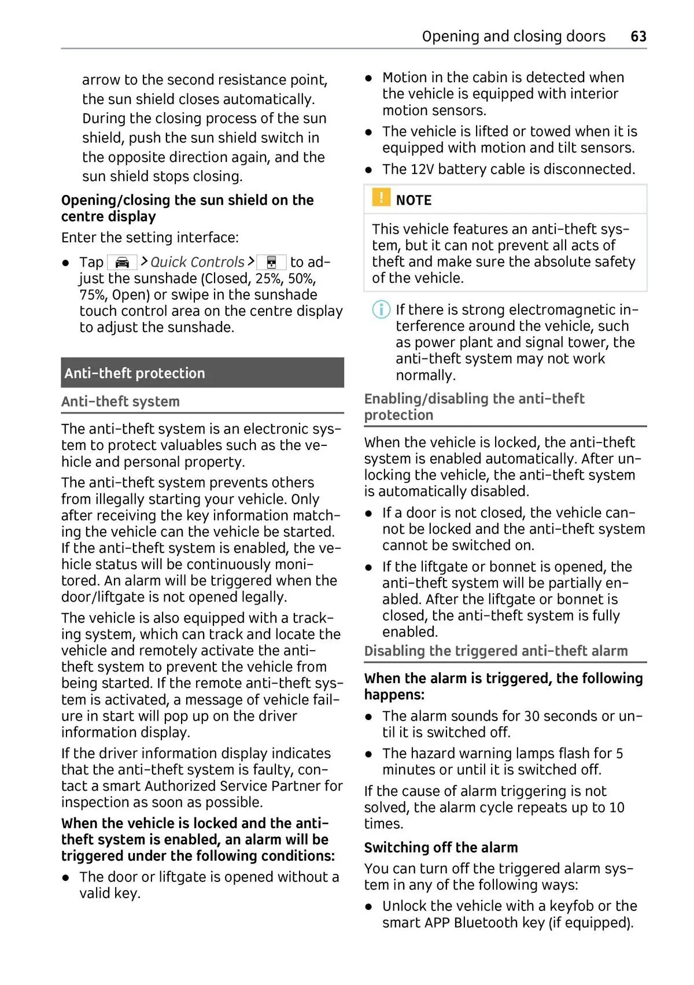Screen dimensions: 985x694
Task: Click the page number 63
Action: pyautogui.click(x=638, y=36)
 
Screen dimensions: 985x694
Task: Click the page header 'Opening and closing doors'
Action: pyautogui.click(x=513, y=36)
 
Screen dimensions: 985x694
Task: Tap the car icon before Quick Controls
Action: pyautogui.click(x=122, y=263)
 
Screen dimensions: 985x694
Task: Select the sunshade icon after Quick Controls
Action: pyautogui.click(x=271, y=263)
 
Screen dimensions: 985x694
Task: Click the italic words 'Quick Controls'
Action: pyautogui.click(x=197, y=263)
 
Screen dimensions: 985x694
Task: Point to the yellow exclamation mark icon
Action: pyautogui.click(x=381, y=198)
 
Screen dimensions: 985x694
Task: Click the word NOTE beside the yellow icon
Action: pyautogui.click(x=414, y=200)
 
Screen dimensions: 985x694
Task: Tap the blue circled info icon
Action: pyautogui.click(x=381, y=309)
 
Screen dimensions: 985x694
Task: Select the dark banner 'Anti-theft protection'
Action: pyautogui.click(x=202, y=373)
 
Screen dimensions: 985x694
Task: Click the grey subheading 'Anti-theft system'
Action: pyautogui.click(x=120, y=401)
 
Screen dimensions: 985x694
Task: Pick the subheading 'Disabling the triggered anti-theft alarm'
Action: pyautogui.click(x=496, y=651)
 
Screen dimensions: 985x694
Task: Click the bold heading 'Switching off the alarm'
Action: pyautogui.click(x=441, y=847)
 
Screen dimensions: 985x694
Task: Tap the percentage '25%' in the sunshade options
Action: pyautogui.click(x=268, y=279)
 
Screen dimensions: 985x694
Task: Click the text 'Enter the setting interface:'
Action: pyautogui.click(x=150, y=238)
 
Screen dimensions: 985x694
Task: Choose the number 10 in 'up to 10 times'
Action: pyautogui.click(x=616, y=807)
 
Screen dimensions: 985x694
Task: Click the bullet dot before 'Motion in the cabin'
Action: pyautogui.click(x=368, y=78)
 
